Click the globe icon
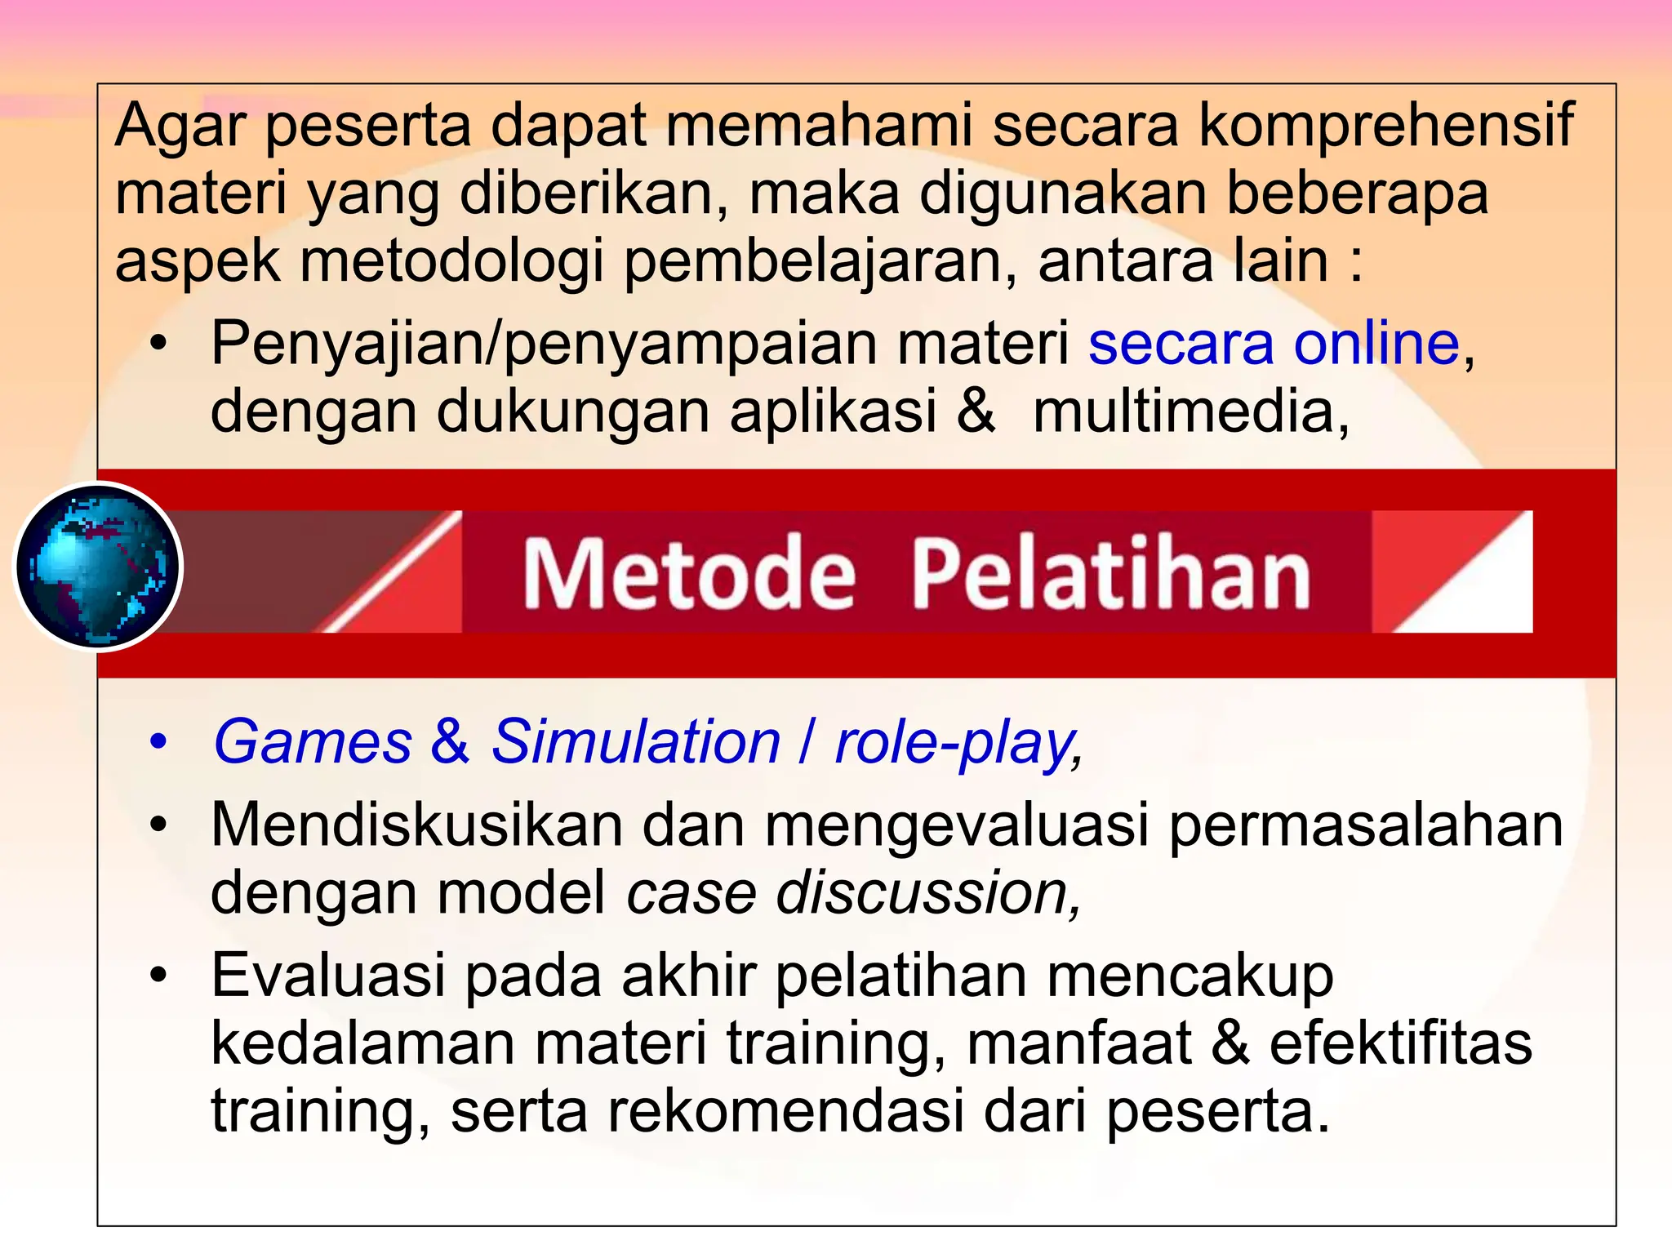(98, 567)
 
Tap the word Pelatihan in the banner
(1110, 573)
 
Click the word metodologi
(452, 261)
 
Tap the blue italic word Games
(313, 742)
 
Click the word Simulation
(636, 742)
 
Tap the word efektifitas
(1400, 1043)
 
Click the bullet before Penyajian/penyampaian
(158, 345)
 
